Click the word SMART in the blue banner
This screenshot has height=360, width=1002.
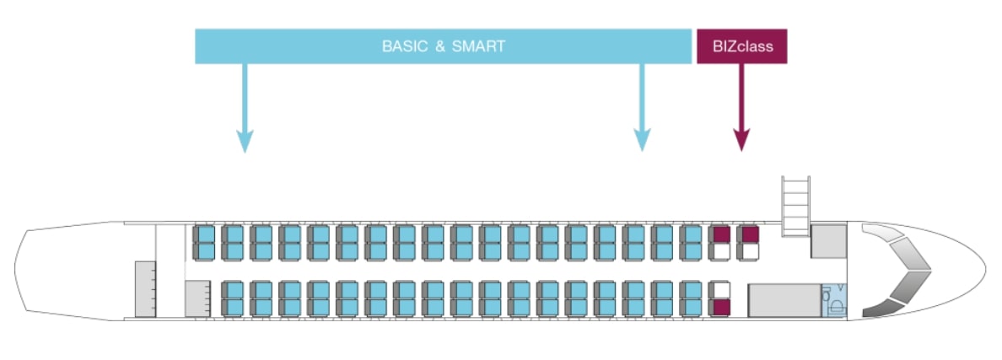pyautogui.click(x=478, y=46)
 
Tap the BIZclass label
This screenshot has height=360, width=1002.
pyautogui.click(x=741, y=46)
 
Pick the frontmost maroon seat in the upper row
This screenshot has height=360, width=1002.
pyautogui.click(x=749, y=234)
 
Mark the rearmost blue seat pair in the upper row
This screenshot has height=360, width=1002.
pyautogui.click(x=205, y=243)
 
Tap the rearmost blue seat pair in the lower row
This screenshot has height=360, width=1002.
pyautogui.click(x=234, y=298)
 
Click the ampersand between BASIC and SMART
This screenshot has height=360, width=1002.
pyautogui.click(x=439, y=46)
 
